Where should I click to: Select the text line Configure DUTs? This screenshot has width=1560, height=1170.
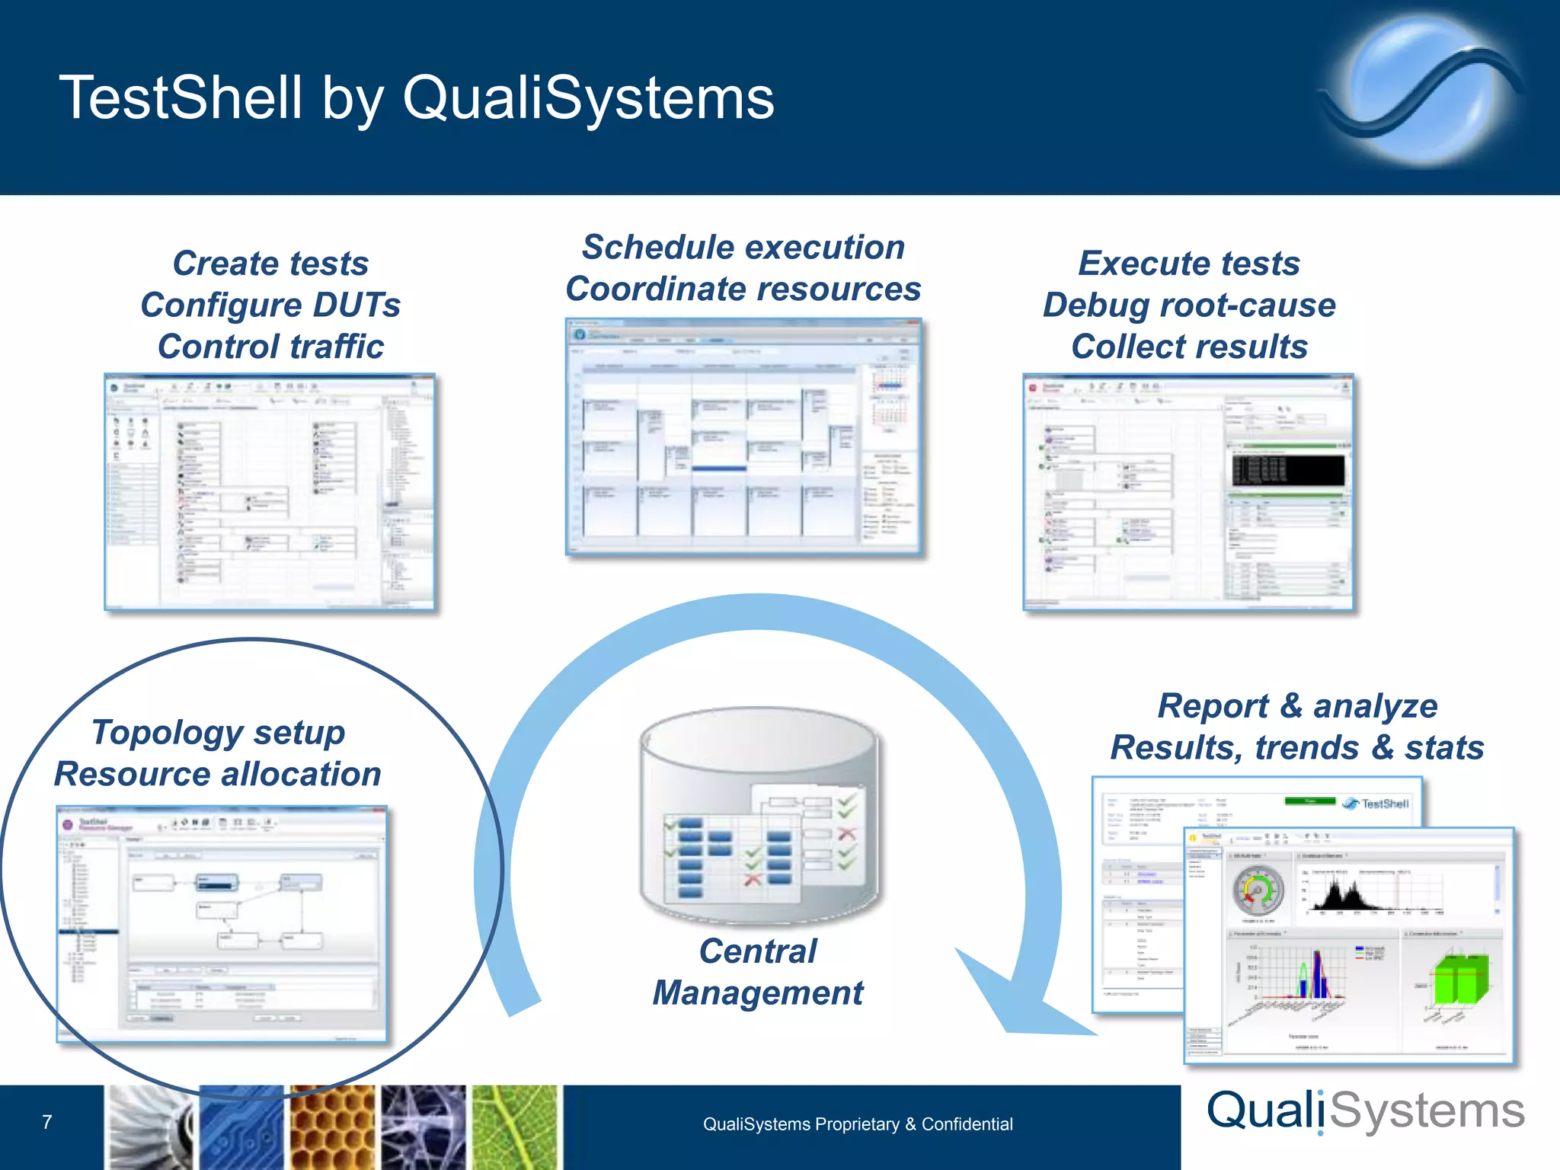point(270,305)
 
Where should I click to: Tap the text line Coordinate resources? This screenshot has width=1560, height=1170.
point(743,289)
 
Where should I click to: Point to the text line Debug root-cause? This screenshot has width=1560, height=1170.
point(1188,305)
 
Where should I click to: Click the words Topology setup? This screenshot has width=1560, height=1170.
point(219,732)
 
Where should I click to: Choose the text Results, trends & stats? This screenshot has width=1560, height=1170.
point(1296,747)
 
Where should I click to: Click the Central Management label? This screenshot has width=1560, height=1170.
point(758,972)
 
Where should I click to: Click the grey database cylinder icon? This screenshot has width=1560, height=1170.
point(758,815)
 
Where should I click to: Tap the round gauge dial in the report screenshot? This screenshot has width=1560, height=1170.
point(1258,890)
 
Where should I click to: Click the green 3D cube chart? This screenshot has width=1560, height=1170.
point(1458,978)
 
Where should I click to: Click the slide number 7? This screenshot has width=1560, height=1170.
point(47,1122)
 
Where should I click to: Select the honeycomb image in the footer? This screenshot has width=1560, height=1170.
point(332,1128)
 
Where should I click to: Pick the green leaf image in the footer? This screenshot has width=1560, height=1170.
point(516,1128)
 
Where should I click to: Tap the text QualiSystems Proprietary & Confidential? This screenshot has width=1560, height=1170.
point(858,1124)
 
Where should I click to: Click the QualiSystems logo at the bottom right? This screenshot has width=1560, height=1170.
point(1365,1111)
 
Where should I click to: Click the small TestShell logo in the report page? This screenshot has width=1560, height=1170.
point(1376,804)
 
